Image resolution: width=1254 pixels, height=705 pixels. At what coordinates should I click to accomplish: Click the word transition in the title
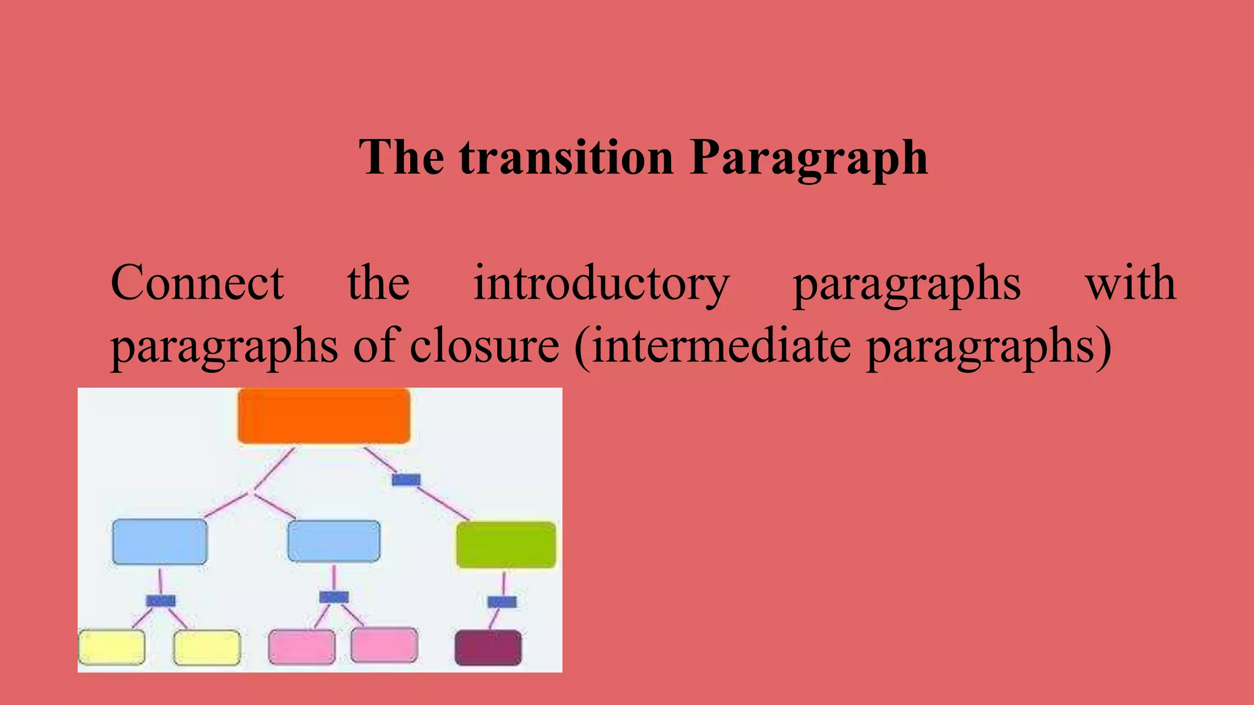[x=566, y=157]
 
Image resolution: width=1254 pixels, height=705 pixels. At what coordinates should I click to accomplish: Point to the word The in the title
[x=401, y=157]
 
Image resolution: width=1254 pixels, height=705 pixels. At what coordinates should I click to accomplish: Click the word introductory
[x=601, y=284]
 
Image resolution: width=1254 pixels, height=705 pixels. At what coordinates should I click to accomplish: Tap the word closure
[x=484, y=346]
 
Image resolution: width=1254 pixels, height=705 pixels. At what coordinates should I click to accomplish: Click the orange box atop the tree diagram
[x=324, y=416]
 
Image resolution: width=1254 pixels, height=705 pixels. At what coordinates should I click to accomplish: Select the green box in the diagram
[x=506, y=545]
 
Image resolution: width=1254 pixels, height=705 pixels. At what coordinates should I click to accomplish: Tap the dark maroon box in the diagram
[x=488, y=647]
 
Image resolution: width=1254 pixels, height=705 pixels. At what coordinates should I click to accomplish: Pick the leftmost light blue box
[x=160, y=542]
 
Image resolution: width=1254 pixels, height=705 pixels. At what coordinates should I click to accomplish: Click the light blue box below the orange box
[x=334, y=541]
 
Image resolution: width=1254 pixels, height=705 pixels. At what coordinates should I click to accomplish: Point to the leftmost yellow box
[x=112, y=647]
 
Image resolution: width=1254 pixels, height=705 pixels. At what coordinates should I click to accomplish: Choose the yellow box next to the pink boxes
[x=207, y=647]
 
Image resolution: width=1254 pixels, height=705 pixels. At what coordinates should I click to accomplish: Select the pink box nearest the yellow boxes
[x=302, y=647]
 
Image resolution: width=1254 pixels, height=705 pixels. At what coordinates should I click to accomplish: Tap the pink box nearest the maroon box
[x=385, y=645]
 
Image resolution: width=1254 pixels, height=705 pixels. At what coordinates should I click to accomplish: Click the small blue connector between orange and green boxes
[x=406, y=480]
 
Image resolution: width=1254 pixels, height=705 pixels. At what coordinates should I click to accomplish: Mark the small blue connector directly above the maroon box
[x=502, y=602]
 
